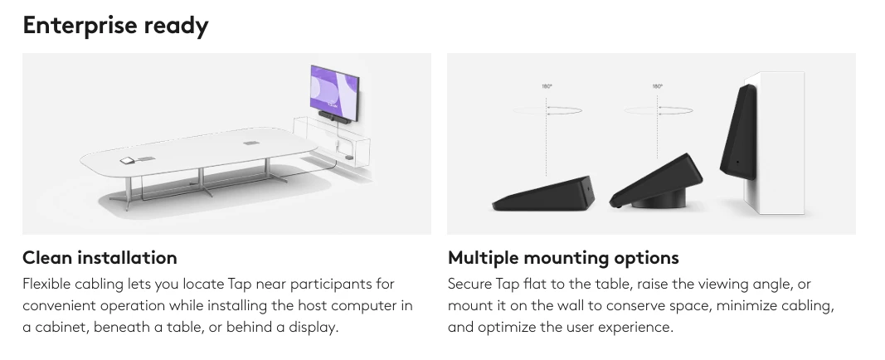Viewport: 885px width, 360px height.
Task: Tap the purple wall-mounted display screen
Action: [x=334, y=89]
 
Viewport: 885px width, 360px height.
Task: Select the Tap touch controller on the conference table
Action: [x=126, y=161]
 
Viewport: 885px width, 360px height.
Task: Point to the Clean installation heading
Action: [x=100, y=257]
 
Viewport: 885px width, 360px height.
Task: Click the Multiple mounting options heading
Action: [x=563, y=258]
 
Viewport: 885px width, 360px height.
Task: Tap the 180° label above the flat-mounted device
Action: [x=547, y=86]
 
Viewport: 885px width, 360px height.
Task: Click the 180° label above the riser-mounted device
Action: [x=658, y=86]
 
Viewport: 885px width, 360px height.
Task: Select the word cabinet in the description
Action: [x=62, y=328]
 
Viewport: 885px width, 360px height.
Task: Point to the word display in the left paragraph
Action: [x=314, y=328]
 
